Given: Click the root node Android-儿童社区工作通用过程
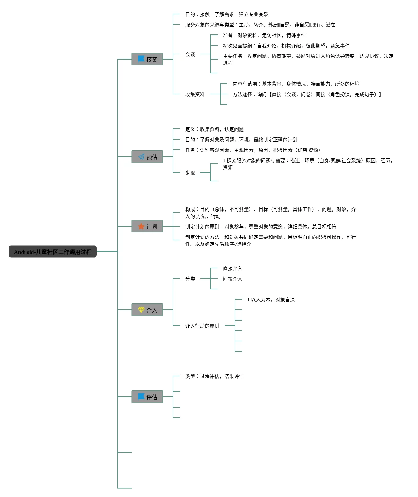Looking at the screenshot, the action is tap(53, 251).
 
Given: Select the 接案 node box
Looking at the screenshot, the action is tap(147, 59).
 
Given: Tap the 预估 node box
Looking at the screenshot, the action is tap(147, 156).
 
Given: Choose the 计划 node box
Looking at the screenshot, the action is tap(147, 226).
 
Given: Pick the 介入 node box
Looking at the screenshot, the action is tap(147, 310).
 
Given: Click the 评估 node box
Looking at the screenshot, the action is tap(147, 396).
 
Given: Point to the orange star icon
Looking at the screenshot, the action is tap(141, 226).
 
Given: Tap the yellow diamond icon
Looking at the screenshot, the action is tap(141, 309).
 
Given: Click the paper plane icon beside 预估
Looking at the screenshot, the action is tap(141, 156).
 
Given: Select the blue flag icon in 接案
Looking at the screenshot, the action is tap(141, 59).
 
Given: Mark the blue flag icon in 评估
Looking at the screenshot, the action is tap(141, 396).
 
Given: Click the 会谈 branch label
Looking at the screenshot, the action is tap(190, 54).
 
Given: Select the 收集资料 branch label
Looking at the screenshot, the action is tap(195, 94).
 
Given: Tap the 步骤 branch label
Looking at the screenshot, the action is tap(190, 173).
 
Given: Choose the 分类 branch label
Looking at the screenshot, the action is tap(190, 279).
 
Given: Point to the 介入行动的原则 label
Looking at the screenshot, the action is tap(202, 326).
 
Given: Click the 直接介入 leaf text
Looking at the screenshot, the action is tap(233, 268).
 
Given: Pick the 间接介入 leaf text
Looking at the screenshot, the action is tap(233, 279).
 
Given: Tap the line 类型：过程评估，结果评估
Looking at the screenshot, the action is tap(215, 376).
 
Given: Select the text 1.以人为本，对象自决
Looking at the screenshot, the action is tap(271, 300).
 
